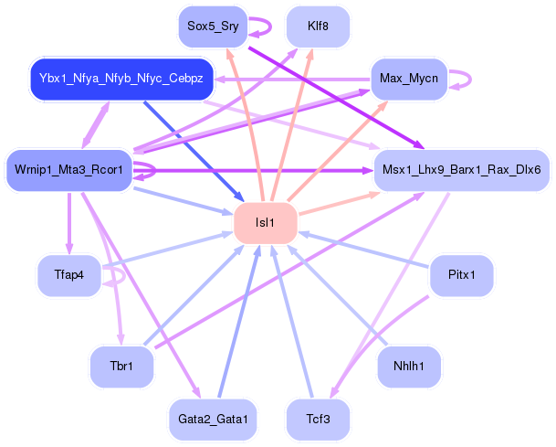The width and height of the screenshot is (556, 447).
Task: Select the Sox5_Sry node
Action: pyautogui.click(x=213, y=27)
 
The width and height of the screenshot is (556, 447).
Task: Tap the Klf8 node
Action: pyautogui.click(x=318, y=27)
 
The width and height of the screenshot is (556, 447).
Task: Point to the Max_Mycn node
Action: pyautogui.click(x=408, y=79)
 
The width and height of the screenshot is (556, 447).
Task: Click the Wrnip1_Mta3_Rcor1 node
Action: pyautogui.click(x=68, y=170)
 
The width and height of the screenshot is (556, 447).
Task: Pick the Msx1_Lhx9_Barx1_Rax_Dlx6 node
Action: pyautogui.click(x=461, y=170)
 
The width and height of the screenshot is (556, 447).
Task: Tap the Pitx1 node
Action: pyautogui.click(x=461, y=275)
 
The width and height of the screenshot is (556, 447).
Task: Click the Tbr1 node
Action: pyautogui.click(x=121, y=367)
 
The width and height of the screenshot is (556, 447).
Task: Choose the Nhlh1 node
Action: pyautogui.click(x=408, y=367)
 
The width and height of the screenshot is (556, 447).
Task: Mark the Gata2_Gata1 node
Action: pyautogui.click(x=213, y=419)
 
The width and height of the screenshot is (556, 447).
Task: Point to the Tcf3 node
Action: pyautogui.click(x=318, y=419)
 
